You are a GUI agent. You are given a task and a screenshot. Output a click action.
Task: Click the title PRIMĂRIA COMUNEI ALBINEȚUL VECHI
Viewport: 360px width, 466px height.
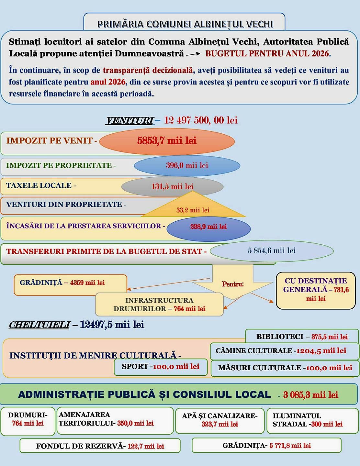(185, 24)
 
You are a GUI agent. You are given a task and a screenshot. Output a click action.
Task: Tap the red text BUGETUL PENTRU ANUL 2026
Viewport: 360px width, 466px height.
(267, 53)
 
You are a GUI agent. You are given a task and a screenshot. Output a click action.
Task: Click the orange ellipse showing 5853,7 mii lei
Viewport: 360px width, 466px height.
(167, 141)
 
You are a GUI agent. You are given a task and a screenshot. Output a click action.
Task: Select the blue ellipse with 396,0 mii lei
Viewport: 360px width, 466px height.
(187, 165)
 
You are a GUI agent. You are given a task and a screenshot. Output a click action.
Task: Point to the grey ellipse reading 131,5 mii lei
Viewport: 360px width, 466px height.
(172, 186)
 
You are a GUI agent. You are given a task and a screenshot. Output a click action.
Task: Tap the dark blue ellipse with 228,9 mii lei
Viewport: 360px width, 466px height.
(208, 227)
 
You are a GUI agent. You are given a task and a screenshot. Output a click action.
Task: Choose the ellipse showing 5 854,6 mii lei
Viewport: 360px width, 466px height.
(272, 250)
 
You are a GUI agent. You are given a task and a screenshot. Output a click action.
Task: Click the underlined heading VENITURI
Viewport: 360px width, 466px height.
(129, 121)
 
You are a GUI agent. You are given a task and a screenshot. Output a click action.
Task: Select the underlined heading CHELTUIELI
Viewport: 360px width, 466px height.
(39, 325)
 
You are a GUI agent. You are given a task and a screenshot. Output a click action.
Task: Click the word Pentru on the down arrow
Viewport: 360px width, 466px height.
(232, 284)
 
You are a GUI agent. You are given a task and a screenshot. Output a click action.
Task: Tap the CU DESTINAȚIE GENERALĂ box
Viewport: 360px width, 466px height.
(316, 290)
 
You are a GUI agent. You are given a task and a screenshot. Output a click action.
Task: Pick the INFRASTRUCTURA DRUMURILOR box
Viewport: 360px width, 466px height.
(159, 305)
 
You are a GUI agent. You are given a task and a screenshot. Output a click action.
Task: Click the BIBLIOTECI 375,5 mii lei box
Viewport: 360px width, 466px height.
(302, 337)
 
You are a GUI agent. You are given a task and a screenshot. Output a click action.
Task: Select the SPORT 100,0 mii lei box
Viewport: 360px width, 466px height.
(161, 367)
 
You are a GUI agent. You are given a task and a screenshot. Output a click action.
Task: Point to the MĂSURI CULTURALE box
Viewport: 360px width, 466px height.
(285, 368)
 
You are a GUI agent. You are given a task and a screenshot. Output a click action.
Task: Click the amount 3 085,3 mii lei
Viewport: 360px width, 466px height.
(310, 395)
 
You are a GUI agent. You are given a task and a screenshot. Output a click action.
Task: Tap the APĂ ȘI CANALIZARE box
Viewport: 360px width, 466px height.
(220, 420)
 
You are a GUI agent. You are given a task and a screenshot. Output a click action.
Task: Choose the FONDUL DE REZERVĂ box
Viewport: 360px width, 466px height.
(100, 446)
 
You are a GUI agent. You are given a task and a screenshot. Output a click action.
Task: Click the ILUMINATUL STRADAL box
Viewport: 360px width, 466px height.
(308, 420)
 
